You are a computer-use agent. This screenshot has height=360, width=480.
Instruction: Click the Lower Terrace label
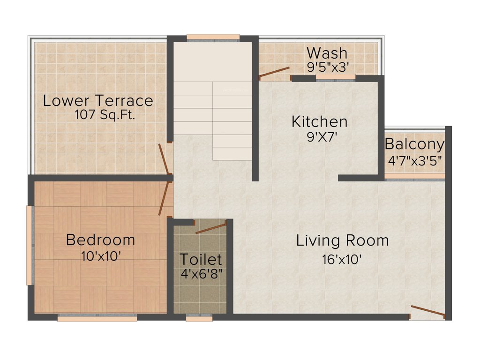click(x=98, y=101)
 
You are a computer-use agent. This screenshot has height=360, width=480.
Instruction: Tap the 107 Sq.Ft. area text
click(x=105, y=115)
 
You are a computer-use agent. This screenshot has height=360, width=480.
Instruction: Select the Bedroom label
click(x=100, y=240)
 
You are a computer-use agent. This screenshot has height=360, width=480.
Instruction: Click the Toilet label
click(x=201, y=259)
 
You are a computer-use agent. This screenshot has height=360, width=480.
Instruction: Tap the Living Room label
click(x=342, y=240)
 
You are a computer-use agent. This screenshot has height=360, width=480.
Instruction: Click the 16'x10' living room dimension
click(x=342, y=259)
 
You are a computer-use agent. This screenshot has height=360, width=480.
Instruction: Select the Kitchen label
click(x=319, y=122)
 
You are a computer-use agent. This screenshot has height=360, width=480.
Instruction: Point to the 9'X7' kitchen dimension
click(x=320, y=137)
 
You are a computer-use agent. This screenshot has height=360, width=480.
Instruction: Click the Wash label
click(x=327, y=52)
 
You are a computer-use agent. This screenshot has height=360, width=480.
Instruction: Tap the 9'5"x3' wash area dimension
click(x=328, y=67)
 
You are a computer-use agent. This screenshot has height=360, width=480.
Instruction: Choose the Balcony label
click(x=414, y=144)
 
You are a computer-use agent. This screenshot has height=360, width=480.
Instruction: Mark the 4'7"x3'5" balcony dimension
click(x=414, y=159)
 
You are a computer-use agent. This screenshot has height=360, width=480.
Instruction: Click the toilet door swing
click(x=211, y=229)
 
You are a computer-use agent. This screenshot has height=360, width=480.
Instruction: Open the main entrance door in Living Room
click(x=428, y=311)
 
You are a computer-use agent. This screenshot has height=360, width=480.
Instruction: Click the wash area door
click(x=275, y=72)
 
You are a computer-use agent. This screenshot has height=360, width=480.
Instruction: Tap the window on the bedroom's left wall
click(x=30, y=245)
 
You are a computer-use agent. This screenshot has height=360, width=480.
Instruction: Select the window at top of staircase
click(x=213, y=37)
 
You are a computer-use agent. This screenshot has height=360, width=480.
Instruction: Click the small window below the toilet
click(x=199, y=318)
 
